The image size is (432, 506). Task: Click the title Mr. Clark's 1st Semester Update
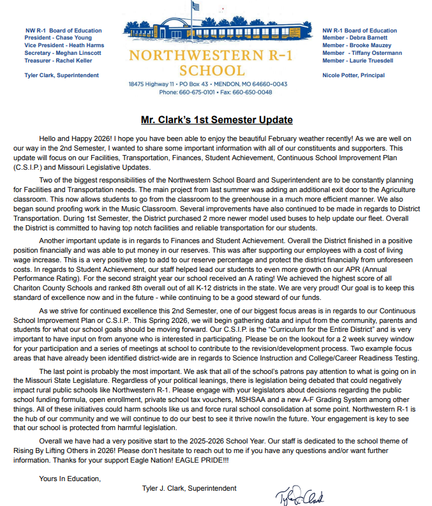(217, 119)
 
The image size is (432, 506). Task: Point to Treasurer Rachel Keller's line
(58, 61)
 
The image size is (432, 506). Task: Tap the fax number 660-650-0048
(254, 92)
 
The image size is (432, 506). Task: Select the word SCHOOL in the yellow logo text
(212, 70)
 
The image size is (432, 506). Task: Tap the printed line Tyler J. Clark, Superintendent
(190, 488)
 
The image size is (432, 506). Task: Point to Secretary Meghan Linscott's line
(63, 53)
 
